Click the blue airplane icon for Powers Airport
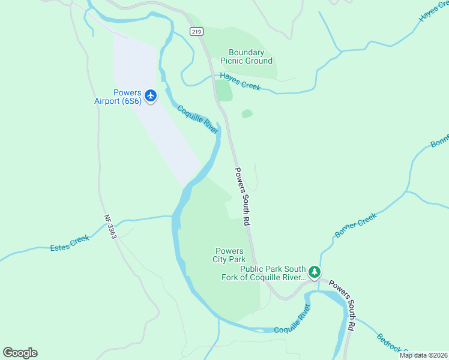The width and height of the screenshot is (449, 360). tap(150, 95)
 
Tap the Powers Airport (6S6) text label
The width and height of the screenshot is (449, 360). tap(118, 97)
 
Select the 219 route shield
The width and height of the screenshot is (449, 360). tap(196, 32)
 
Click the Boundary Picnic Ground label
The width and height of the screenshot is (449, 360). tap(246, 56)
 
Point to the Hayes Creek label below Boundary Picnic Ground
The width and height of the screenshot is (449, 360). tap(240, 81)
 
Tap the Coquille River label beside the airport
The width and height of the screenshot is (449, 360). tap(197, 119)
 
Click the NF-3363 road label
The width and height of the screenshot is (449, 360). tap(109, 227)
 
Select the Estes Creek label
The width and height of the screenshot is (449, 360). tap(70, 243)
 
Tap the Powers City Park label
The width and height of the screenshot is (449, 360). tap(228, 255)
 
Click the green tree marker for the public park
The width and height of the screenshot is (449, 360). tap(315, 273)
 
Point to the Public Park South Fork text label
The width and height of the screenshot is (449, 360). tap(273, 273)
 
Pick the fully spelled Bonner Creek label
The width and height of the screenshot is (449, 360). tap(355, 225)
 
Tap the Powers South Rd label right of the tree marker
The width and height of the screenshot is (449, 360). tap(343, 305)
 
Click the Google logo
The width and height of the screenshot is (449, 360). tap(20, 353)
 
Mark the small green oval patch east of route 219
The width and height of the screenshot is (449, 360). tap(247, 113)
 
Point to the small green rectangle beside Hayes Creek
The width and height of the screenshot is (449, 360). tap(224, 90)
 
